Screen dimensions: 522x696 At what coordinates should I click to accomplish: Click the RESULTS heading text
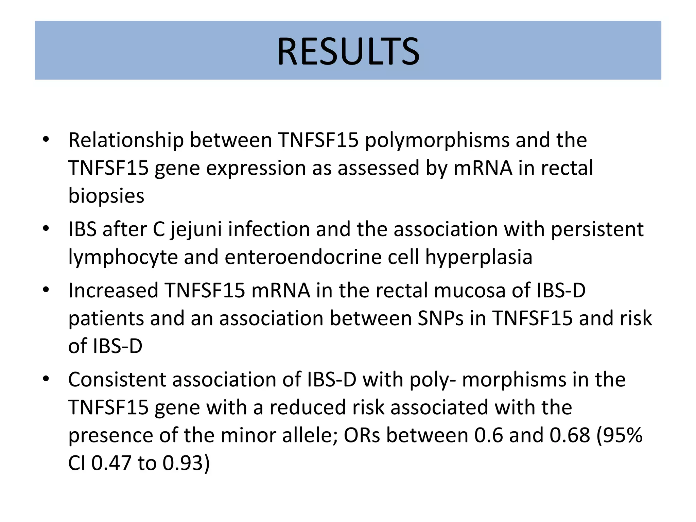point(348,52)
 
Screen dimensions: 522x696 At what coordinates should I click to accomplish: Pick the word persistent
point(597,229)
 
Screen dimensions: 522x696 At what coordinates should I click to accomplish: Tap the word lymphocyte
point(123,257)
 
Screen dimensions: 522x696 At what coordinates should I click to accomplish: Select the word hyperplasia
point(478,257)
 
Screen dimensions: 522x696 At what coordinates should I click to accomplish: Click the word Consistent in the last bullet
point(117,380)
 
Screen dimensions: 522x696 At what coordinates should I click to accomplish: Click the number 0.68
point(570,435)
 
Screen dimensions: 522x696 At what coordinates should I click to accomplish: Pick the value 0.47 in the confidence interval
point(111,463)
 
